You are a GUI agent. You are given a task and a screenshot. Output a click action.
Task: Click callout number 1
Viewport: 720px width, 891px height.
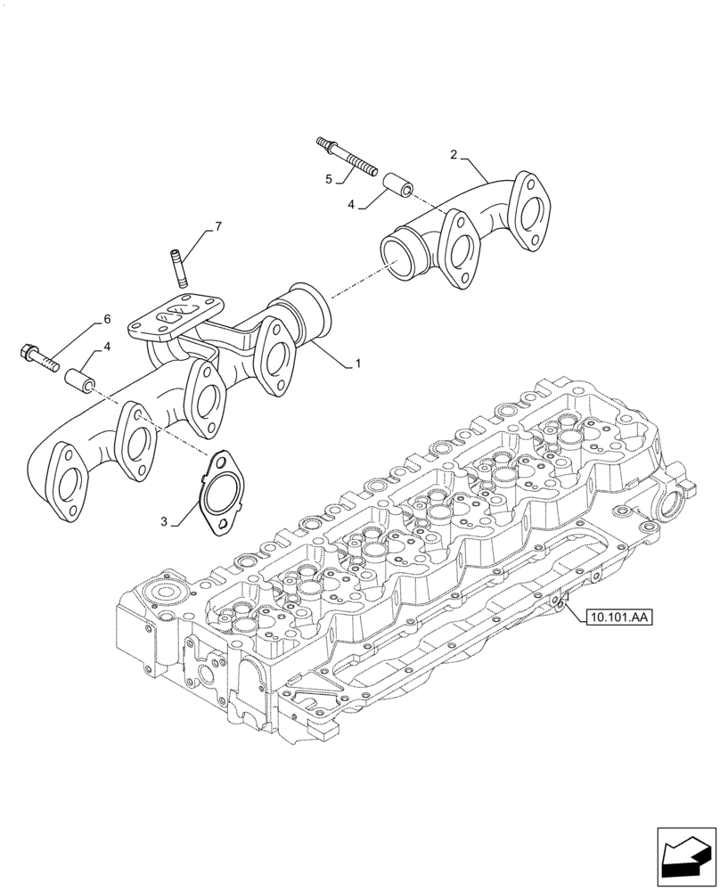pos(358,364)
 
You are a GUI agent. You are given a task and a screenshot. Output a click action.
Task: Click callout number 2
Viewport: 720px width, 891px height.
pos(454,155)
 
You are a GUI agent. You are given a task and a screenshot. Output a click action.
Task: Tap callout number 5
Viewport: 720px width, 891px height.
pos(329,179)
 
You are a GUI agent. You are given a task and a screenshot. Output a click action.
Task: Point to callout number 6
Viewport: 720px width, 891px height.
pos(107,319)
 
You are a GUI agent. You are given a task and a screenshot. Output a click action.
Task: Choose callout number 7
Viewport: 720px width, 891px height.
pos(218,228)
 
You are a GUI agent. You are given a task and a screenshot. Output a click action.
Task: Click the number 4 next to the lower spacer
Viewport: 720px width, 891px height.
pos(107,347)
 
